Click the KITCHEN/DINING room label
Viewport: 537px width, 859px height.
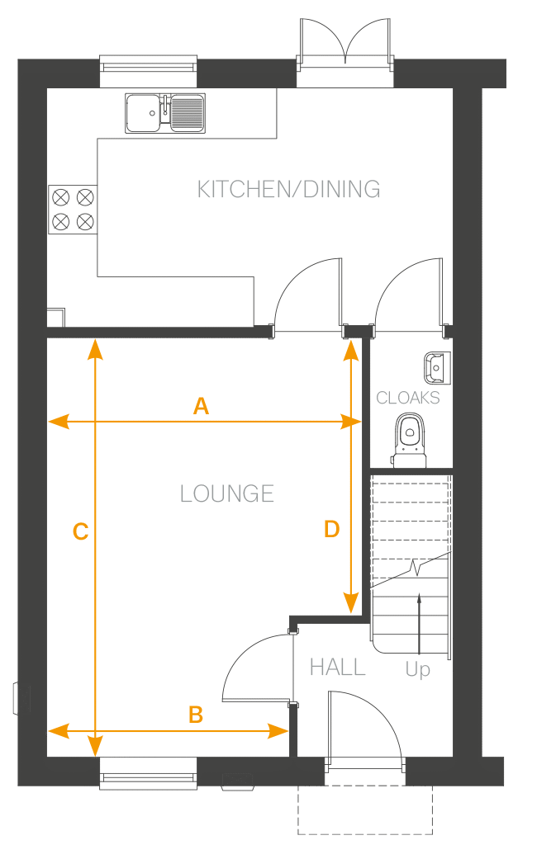pos(288,189)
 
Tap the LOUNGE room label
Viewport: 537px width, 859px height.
pos(226,493)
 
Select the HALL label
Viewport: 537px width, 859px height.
pos(337,667)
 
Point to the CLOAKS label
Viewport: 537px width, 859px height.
pos(408,398)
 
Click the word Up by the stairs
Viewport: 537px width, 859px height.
pos(418,669)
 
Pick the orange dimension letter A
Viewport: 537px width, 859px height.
pos(201,406)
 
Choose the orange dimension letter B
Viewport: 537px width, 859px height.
pos(196,715)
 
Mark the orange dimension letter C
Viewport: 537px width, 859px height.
pos(80,532)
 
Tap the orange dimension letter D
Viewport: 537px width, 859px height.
pos(331,529)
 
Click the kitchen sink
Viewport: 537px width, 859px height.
pos(165,112)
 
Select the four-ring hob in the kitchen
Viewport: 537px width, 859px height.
pos(73,209)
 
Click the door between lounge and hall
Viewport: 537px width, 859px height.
pos(256,664)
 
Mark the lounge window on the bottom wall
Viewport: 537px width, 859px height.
pos(148,773)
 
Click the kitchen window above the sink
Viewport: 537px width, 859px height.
pos(148,70)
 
